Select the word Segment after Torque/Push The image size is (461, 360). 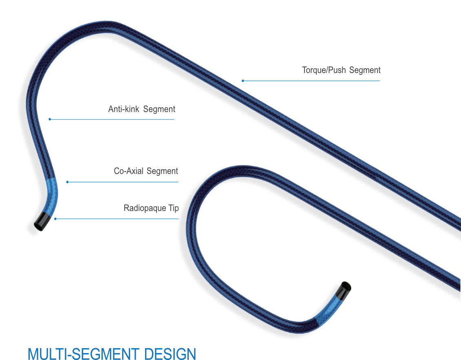365,70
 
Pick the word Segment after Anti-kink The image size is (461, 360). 159,109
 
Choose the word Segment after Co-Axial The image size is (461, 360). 162,171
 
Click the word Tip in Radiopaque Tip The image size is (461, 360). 174,208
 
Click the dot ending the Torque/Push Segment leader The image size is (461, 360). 243,81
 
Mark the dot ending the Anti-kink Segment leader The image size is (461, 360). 50,119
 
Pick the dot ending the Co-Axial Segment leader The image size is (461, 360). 67,182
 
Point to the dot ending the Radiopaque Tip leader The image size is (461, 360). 55,219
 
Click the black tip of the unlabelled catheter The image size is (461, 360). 343,288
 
